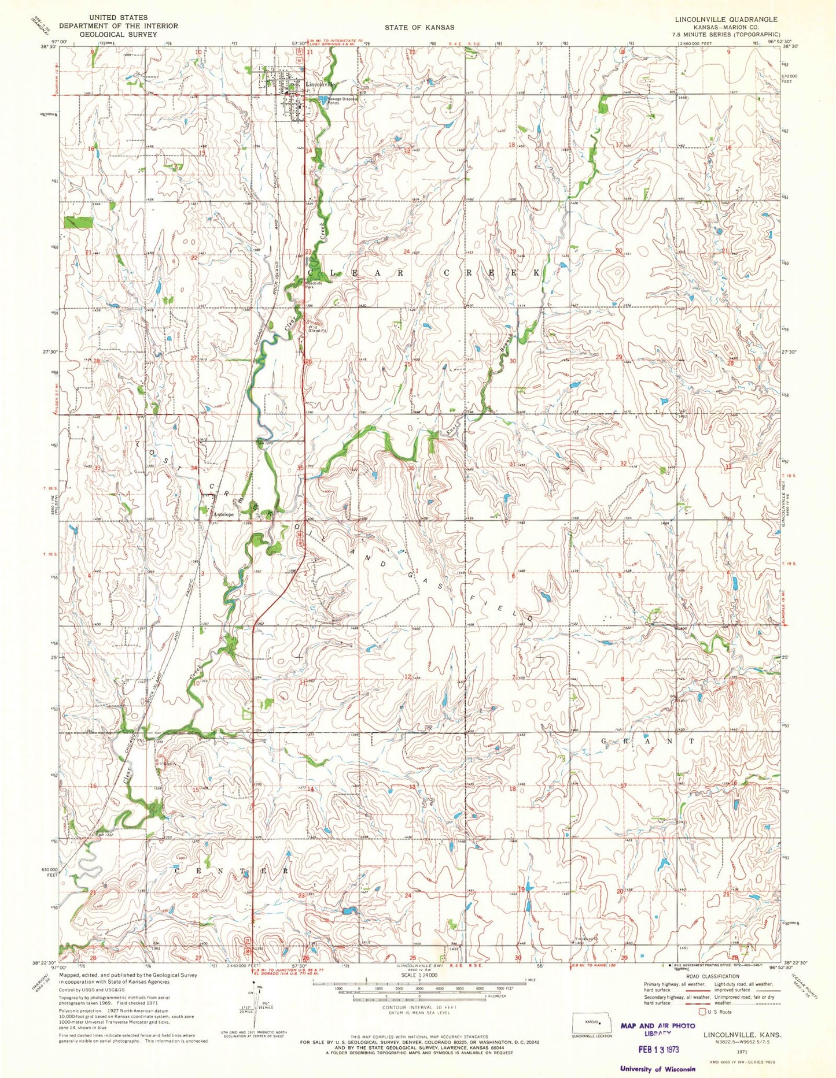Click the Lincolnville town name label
pos(320,84)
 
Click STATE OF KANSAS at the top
pos(419,27)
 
